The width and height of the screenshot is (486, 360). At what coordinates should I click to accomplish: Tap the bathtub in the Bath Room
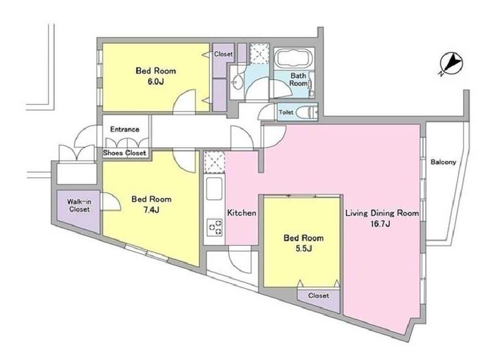click(294, 59)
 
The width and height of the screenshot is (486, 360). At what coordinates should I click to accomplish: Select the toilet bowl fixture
click(307, 112)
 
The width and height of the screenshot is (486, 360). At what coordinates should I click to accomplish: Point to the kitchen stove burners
click(215, 227)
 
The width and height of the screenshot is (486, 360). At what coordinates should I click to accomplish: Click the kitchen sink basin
click(214, 189)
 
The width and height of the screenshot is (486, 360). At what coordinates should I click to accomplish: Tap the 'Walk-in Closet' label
click(80, 206)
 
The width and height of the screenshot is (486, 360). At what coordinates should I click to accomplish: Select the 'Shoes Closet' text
click(124, 153)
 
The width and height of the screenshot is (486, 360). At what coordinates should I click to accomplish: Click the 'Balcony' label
click(443, 162)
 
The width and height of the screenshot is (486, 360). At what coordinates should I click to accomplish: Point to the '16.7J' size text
click(381, 224)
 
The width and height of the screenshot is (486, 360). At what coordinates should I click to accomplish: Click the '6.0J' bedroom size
click(156, 82)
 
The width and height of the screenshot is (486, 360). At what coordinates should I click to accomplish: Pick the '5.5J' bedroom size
click(304, 248)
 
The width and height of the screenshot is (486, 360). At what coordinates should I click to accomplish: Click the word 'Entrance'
click(124, 129)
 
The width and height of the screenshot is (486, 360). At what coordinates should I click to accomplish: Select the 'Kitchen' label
click(242, 213)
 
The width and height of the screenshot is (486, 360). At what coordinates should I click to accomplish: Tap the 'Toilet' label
click(286, 112)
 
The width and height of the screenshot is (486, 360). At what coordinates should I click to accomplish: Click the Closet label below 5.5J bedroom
click(318, 296)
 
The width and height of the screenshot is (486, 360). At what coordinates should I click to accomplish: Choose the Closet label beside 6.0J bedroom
click(223, 54)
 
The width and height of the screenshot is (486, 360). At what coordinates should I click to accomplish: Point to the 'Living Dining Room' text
click(382, 213)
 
